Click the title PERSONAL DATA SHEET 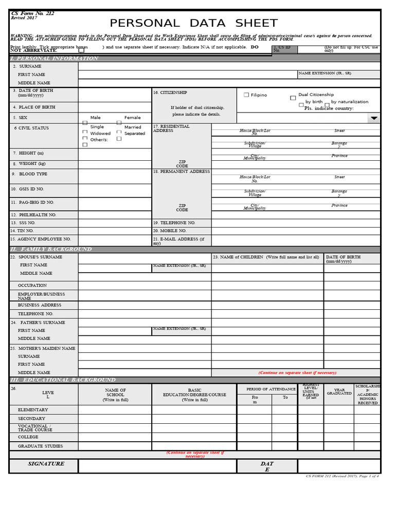(x=193, y=23)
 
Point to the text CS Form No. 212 (x=32, y=13)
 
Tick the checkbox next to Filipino (x=246, y=95)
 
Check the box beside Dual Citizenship (x=293, y=98)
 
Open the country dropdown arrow (x=374, y=118)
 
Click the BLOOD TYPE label (x=33, y=174)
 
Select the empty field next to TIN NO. (x=115, y=231)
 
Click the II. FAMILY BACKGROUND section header (x=51, y=249)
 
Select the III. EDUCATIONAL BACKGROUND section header (x=63, y=380)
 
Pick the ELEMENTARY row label (x=33, y=410)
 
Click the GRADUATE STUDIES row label (x=40, y=446)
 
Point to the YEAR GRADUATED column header (x=339, y=391)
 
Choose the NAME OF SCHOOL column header (x=115, y=394)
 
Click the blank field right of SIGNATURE (x=157, y=466)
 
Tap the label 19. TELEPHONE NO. (x=174, y=223)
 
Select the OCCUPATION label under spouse (x=32, y=286)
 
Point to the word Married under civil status (x=133, y=127)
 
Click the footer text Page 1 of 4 (x=368, y=476)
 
